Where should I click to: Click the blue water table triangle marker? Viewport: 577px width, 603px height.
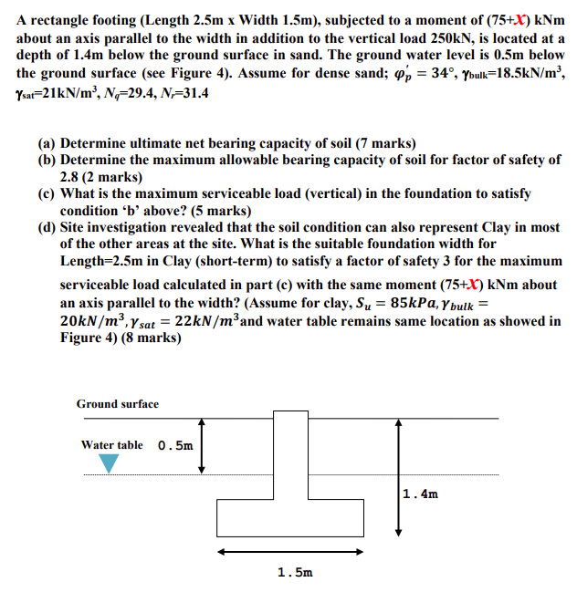tap(109, 463)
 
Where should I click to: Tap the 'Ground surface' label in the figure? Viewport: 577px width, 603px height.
tap(117, 403)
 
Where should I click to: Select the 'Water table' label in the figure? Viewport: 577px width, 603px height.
tap(111, 445)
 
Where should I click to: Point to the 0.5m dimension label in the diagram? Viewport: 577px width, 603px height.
tap(175, 446)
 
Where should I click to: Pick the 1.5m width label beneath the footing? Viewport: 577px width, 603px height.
tap(294, 573)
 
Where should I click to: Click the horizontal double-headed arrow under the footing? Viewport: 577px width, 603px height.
tap(294, 552)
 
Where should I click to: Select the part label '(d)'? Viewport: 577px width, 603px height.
tap(47, 227)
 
